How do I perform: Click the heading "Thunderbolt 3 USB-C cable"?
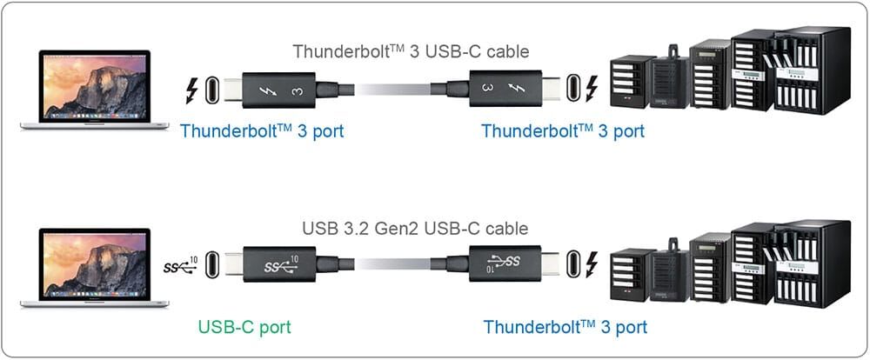pos(411,50)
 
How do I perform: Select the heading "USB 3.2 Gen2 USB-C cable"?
pos(414,230)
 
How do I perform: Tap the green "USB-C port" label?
pos(244,327)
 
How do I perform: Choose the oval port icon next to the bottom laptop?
pos(214,263)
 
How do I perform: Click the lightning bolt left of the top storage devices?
pos(593,89)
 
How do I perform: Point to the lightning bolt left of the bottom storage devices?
pos(593,263)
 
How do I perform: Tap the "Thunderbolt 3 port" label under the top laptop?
pos(262,131)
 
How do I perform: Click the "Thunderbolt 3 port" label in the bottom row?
pos(565,327)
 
